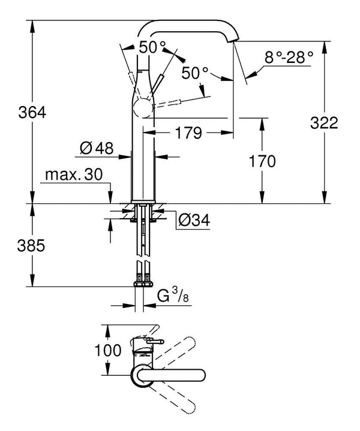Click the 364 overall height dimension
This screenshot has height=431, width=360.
click(17, 111)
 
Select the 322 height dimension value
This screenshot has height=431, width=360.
click(325, 123)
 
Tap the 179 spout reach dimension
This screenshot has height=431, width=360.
click(189, 133)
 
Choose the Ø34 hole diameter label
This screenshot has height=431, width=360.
click(193, 221)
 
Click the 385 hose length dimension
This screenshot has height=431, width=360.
click(17, 245)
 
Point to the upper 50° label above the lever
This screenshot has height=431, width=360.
click(152, 47)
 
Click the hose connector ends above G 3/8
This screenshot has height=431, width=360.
click(143, 279)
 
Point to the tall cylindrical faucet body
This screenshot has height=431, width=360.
click(143, 162)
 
